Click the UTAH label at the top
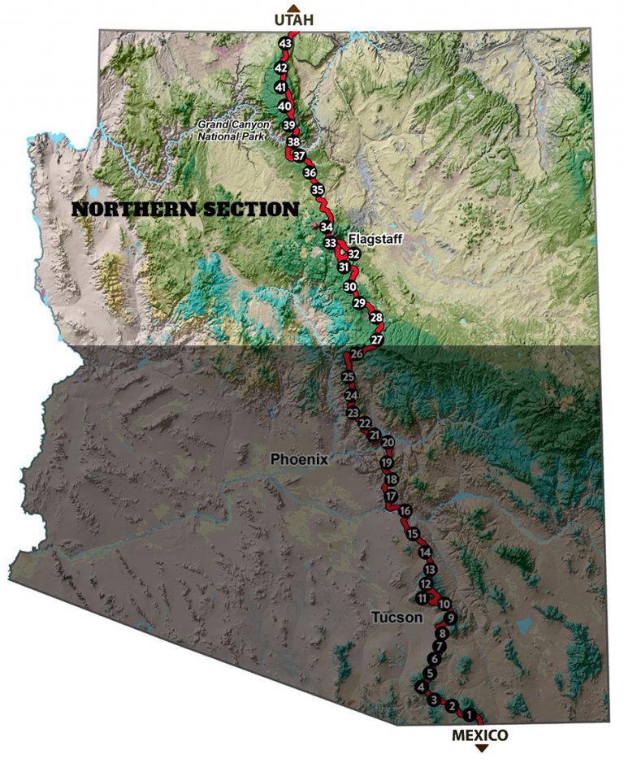[294, 20]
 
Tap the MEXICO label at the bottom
[481, 735]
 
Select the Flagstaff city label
[375, 238]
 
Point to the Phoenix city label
[299, 459]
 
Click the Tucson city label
[397, 618]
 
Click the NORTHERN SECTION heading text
[185, 210]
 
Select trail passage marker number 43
[284, 44]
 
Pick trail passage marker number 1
[468, 715]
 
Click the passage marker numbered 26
[356, 354]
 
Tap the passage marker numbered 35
[318, 190]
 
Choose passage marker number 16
[405, 511]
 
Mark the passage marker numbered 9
[451, 618]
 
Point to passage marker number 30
[350, 287]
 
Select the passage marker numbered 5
[431, 674]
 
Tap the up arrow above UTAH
[294, 7]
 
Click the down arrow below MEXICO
[481, 748]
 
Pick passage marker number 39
[288, 125]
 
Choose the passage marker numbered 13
[430, 569]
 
